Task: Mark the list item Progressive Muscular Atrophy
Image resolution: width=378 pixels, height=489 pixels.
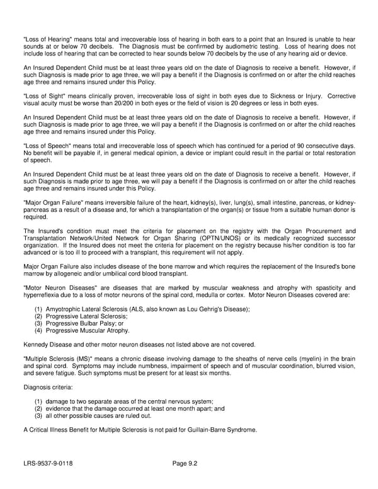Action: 88,330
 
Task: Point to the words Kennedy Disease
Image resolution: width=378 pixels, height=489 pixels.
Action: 47,345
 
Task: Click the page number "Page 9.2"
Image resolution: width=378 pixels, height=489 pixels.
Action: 185,464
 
